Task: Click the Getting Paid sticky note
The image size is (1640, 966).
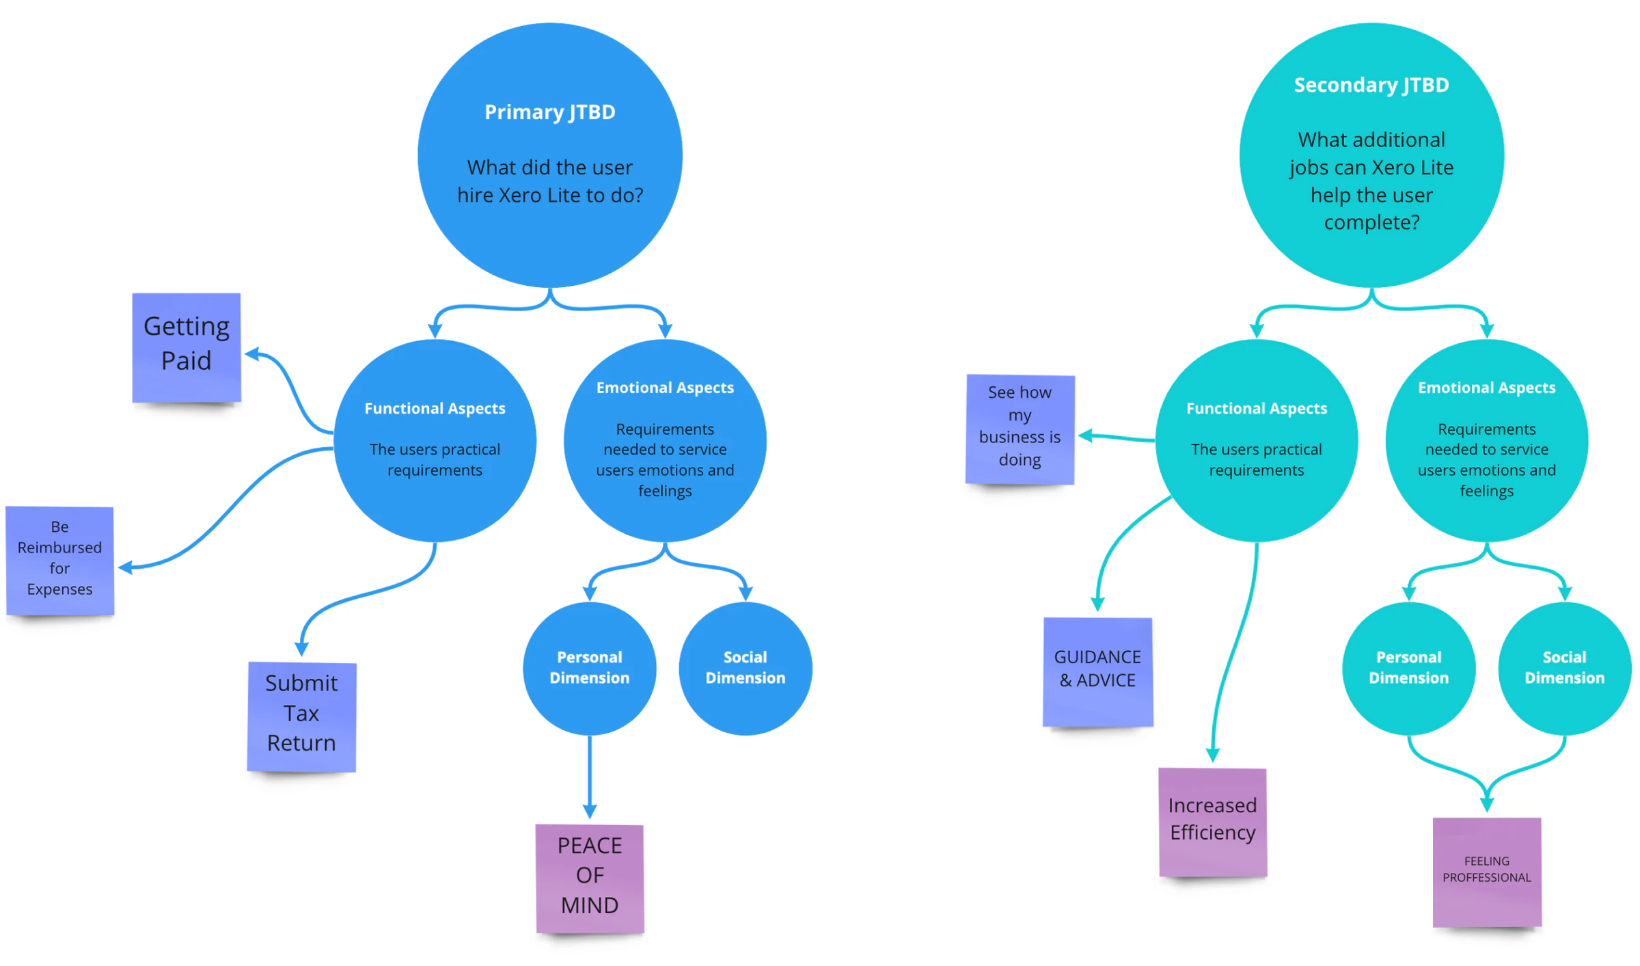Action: click(186, 347)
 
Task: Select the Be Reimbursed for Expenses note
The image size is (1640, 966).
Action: click(60, 561)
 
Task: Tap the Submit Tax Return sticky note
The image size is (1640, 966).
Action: click(301, 716)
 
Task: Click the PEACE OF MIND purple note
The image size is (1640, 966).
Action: click(590, 878)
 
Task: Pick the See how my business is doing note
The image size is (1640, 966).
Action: click(1020, 429)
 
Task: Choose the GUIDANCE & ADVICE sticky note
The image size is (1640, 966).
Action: click(1097, 672)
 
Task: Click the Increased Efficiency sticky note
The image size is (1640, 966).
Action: click(1212, 822)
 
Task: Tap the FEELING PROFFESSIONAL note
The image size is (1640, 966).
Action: click(1487, 872)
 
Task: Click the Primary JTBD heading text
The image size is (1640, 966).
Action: click(550, 111)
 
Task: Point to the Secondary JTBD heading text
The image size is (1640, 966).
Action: click(1371, 84)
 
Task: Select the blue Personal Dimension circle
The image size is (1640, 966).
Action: click(590, 668)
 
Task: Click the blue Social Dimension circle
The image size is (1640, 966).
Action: click(746, 668)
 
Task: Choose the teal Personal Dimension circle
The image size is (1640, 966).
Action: click(1409, 668)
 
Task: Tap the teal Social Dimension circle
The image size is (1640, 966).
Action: click(1565, 668)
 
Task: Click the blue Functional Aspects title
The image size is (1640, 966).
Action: click(435, 408)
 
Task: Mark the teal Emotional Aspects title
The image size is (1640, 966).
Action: click(1487, 388)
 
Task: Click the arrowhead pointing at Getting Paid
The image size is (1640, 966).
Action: click(252, 353)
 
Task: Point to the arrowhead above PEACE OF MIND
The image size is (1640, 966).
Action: click(590, 811)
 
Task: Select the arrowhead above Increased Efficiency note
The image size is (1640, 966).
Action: click(1213, 755)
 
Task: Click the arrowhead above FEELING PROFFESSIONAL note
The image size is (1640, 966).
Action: click(1487, 805)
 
